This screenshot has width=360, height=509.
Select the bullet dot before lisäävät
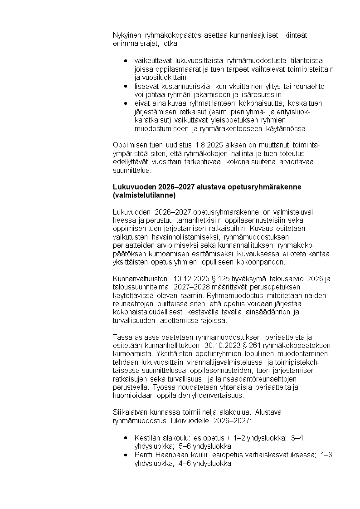(x=125, y=86)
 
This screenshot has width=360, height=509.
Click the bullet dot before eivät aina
(x=125, y=103)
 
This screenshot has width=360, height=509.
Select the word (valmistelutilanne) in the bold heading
(x=144, y=195)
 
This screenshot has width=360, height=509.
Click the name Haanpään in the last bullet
(x=170, y=455)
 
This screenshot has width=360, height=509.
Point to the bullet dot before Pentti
(x=125, y=455)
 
